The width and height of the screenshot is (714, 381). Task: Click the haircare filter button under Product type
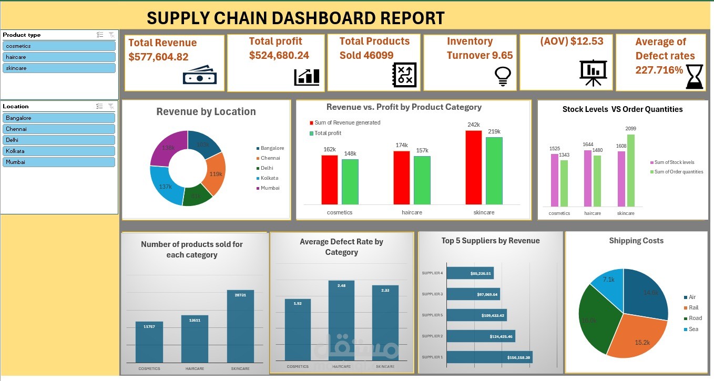(58, 57)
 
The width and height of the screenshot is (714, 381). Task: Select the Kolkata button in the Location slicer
(58, 151)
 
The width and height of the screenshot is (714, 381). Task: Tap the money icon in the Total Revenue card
(199, 76)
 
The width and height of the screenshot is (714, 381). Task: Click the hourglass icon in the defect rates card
(694, 77)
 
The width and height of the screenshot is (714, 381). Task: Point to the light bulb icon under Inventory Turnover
(503, 76)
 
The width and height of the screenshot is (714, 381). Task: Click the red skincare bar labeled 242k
(473, 167)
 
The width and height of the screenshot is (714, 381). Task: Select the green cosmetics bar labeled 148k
(350, 181)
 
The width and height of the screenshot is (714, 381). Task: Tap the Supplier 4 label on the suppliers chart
(432, 273)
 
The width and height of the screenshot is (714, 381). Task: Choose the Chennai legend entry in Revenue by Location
(270, 158)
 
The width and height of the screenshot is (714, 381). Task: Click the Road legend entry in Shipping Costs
(695, 318)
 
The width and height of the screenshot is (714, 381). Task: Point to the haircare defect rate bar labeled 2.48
(341, 320)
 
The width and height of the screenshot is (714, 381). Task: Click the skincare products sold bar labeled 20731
(240, 326)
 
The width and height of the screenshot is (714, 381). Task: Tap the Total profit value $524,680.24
(279, 55)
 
